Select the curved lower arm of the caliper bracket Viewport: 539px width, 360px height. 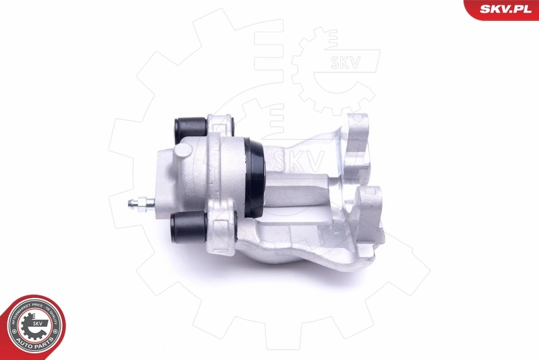(303, 249)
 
